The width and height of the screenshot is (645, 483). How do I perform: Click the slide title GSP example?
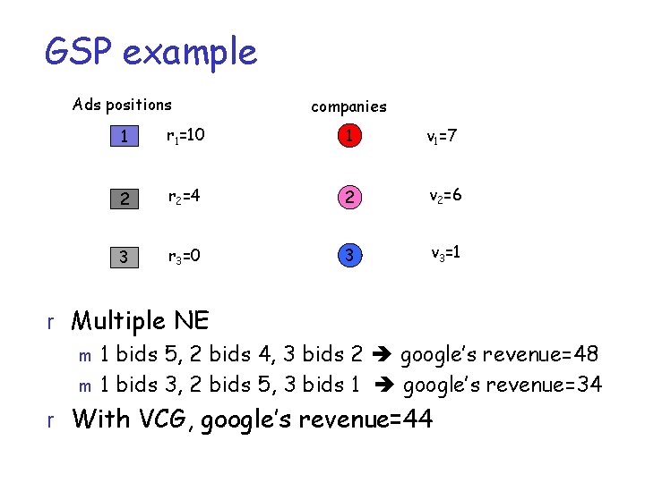tap(150, 52)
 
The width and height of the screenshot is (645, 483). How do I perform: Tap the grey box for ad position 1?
tap(125, 137)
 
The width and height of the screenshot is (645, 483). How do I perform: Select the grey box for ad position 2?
tap(125, 198)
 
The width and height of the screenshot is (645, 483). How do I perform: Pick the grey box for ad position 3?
tap(125, 258)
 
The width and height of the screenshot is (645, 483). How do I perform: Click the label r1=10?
tap(186, 137)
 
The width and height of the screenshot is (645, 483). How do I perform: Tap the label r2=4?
tap(182, 198)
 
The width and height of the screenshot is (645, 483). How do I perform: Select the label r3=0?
tap(183, 258)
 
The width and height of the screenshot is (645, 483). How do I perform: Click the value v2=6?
tap(445, 196)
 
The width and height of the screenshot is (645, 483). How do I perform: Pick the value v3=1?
tap(444, 254)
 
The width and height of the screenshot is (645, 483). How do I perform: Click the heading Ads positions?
tap(122, 105)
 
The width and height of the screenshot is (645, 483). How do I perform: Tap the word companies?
tap(348, 106)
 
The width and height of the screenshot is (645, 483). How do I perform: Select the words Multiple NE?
tap(140, 320)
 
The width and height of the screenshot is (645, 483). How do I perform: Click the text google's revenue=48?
tap(499, 355)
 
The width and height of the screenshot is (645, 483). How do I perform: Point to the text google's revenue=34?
tap(503, 386)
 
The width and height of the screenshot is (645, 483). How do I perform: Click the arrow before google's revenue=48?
tap(380, 355)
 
